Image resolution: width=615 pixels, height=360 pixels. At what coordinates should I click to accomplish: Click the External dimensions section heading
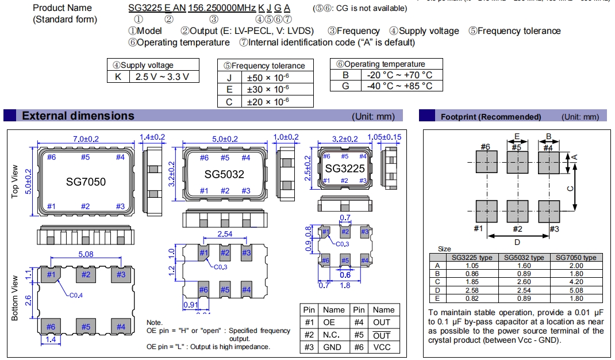pyautogui.click(x=78, y=116)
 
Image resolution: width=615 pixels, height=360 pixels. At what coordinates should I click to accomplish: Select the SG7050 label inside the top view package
pyautogui.click(x=85, y=182)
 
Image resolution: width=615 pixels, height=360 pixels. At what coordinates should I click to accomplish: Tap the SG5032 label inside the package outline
pyautogui.click(x=225, y=174)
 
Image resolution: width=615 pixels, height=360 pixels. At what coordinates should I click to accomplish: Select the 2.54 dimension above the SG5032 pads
pyautogui.click(x=225, y=233)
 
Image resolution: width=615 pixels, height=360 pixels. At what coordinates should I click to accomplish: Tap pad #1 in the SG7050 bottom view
pyautogui.click(x=51, y=275)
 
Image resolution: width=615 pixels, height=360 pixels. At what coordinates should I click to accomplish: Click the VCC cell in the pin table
pyautogui.click(x=381, y=347)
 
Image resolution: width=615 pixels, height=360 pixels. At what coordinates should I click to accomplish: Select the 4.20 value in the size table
pyautogui.click(x=575, y=282)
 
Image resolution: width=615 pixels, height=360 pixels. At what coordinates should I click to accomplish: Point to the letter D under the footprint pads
pyautogui.click(x=517, y=242)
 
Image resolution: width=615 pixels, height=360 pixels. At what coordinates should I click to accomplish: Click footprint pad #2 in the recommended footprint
pyautogui.click(x=517, y=211)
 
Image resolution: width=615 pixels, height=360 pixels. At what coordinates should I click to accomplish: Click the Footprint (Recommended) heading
pyautogui.click(x=490, y=117)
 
